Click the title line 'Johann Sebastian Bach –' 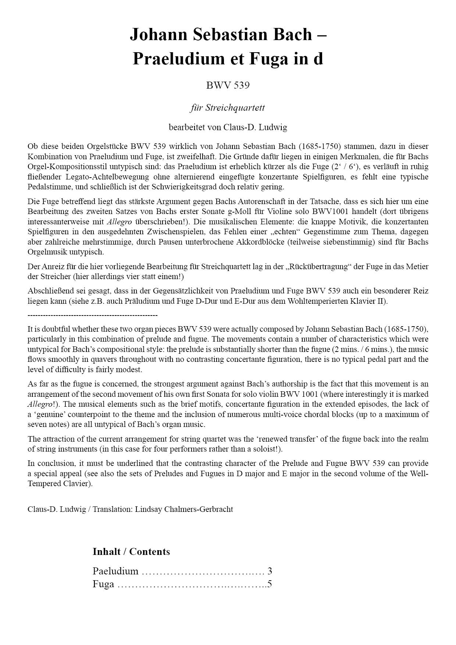(x=228, y=35)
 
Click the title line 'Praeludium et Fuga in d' (x=228, y=59)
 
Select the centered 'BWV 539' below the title (x=228, y=85)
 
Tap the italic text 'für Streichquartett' (x=228, y=108)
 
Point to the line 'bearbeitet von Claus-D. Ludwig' (x=228, y=128)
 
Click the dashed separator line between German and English (x=93, y=315)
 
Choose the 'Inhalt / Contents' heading (x=131, y=552)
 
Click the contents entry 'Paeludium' (x=115, y=571)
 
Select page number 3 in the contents (x=270, y=571)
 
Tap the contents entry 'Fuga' (x=103, y=584)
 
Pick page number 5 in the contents (x=270, y=584)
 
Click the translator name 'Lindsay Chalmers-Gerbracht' (x=184, y=509)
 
